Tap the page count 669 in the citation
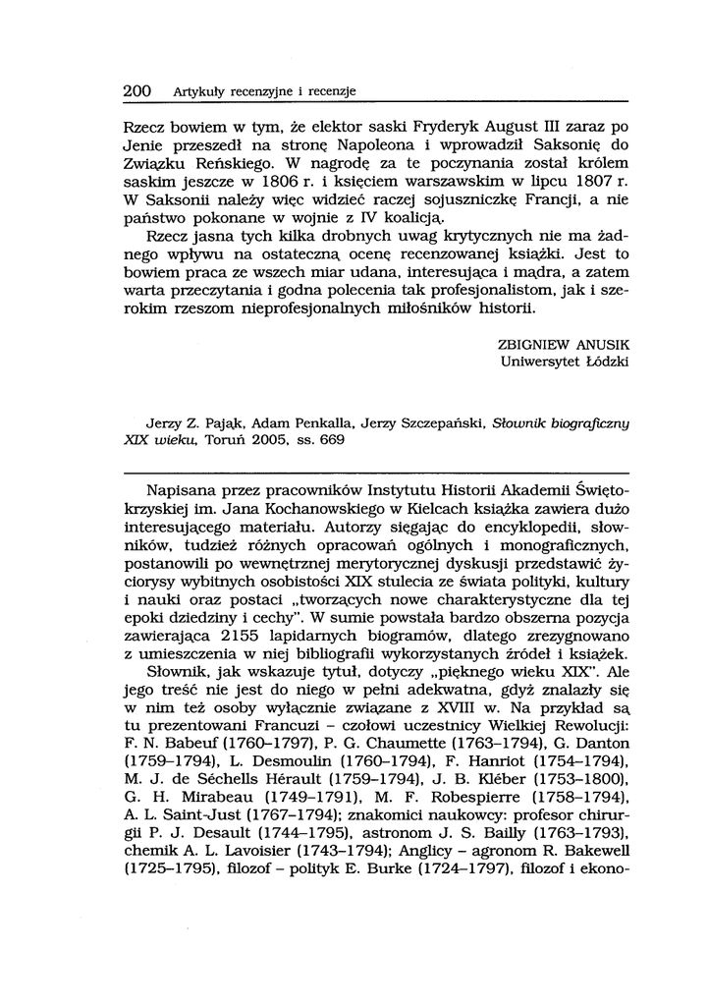tap(332, 440)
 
